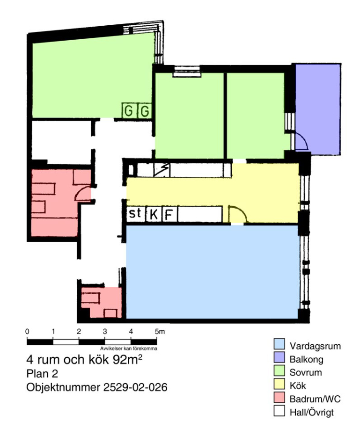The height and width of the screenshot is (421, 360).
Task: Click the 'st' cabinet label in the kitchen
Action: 135,213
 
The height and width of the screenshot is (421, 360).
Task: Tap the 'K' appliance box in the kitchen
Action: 154,214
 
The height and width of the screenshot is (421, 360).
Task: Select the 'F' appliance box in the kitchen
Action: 169,214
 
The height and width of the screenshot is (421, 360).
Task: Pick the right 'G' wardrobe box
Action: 145,110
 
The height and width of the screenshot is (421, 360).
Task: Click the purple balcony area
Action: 318,109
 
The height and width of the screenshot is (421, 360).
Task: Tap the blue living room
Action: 212,272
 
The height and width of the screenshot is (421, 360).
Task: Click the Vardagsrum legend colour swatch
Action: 279,344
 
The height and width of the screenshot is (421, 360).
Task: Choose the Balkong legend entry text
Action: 306,359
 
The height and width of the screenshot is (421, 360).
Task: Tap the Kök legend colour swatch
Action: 279,384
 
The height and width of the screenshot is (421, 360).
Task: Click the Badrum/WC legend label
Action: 315,399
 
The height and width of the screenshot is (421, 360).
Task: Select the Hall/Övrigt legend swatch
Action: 279,411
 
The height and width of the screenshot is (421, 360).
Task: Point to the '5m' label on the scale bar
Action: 160,332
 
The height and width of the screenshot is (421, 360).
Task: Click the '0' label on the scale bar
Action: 27,332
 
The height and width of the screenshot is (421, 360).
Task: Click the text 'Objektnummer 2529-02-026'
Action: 97,387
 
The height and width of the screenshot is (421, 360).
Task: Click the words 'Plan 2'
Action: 42,374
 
